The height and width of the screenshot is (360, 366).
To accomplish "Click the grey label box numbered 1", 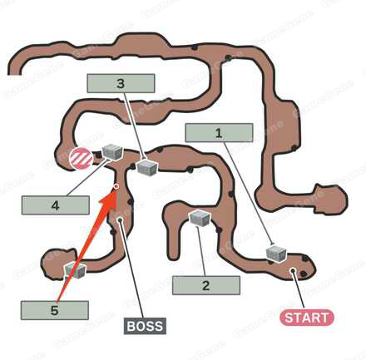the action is point(219,133).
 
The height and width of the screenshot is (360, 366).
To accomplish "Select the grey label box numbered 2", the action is point(206,285).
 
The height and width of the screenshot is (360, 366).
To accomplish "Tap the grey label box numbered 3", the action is point(121,83).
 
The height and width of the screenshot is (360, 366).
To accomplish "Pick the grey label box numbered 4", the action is point(56,205).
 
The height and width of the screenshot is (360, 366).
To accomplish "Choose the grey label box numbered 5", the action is point(55,310).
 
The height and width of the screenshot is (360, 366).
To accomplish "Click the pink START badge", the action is point(307,318).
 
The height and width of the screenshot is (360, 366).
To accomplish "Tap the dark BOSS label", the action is point(145,326).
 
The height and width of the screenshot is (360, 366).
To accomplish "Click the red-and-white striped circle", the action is point(81,158).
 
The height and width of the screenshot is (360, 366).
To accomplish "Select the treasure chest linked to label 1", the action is point(276,254).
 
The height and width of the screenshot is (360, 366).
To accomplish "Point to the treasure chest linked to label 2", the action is point(200,219).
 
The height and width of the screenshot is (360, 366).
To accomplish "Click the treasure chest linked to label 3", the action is point(147,168).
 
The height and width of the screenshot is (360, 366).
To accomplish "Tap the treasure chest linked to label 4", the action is point(112,152).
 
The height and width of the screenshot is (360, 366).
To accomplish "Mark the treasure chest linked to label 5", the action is point(75,271).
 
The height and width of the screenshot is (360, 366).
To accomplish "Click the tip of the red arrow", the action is point(116,187).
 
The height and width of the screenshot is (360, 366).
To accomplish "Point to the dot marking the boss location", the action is point(120,219).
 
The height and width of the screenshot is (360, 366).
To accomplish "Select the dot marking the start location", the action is point(293,270).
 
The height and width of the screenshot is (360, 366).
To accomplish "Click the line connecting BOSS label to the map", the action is point(131,269).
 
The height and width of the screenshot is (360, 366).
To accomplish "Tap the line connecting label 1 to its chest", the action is point(249,193).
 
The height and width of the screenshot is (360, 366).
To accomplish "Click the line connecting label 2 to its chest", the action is point(201,251).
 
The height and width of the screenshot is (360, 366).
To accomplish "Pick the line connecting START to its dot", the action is point(299,290).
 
